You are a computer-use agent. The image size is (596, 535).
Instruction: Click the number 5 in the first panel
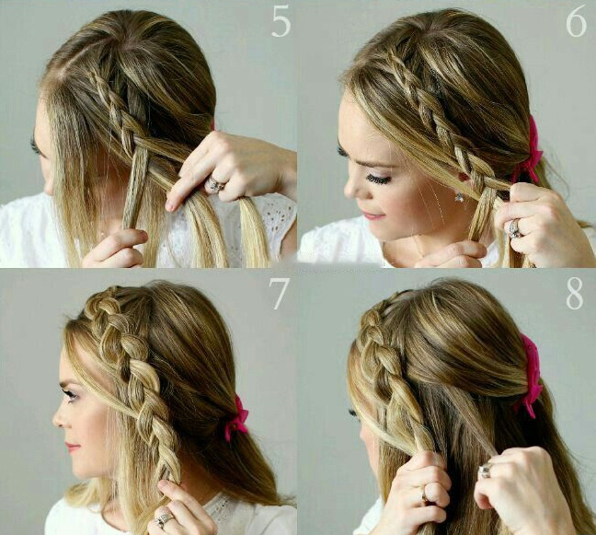coord(281,22)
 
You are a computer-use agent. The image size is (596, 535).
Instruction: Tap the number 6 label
coord(576,22)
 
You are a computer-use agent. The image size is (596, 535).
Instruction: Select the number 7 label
coord(280,294)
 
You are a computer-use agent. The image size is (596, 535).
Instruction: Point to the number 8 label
coord(574,294)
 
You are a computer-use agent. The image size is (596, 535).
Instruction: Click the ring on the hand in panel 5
coord(215,184)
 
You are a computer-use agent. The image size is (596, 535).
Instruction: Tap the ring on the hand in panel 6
coord(515,228)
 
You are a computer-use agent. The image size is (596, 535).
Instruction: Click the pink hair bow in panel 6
coord(529,152)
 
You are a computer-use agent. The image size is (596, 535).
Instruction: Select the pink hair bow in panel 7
coord(236,418)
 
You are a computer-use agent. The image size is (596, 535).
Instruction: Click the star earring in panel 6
coord(459,196)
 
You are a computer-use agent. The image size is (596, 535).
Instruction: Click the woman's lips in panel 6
coord(370,215)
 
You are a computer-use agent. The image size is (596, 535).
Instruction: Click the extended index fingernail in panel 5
coord(171,206)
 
